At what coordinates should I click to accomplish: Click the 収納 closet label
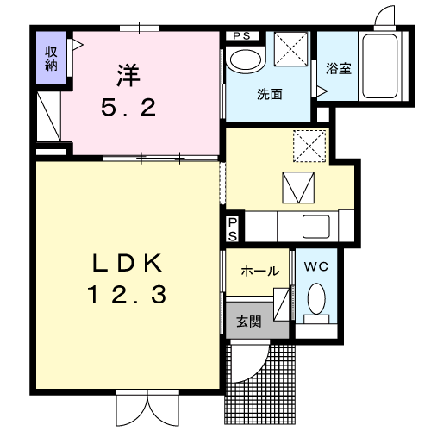51,59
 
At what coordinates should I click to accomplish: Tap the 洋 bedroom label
128,76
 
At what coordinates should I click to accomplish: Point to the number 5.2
128,108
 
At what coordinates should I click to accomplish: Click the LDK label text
127,263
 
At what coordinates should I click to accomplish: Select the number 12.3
127,295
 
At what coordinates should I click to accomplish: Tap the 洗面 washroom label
270,94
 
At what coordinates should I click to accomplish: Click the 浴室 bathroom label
339,69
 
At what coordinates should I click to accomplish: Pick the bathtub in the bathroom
380,66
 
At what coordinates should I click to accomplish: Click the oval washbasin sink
246,61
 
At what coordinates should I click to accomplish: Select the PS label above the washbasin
242,36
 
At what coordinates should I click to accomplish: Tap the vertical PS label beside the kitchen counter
233,229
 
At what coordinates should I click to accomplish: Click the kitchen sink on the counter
316,227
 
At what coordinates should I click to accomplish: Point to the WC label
316,266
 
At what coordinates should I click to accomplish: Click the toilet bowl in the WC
316,299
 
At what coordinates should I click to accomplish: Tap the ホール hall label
260,271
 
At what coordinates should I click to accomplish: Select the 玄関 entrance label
249,322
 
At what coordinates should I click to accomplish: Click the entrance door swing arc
258,371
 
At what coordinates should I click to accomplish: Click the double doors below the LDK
147,408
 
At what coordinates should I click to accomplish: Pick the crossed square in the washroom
290,49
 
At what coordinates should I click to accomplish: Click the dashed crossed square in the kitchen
309,146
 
